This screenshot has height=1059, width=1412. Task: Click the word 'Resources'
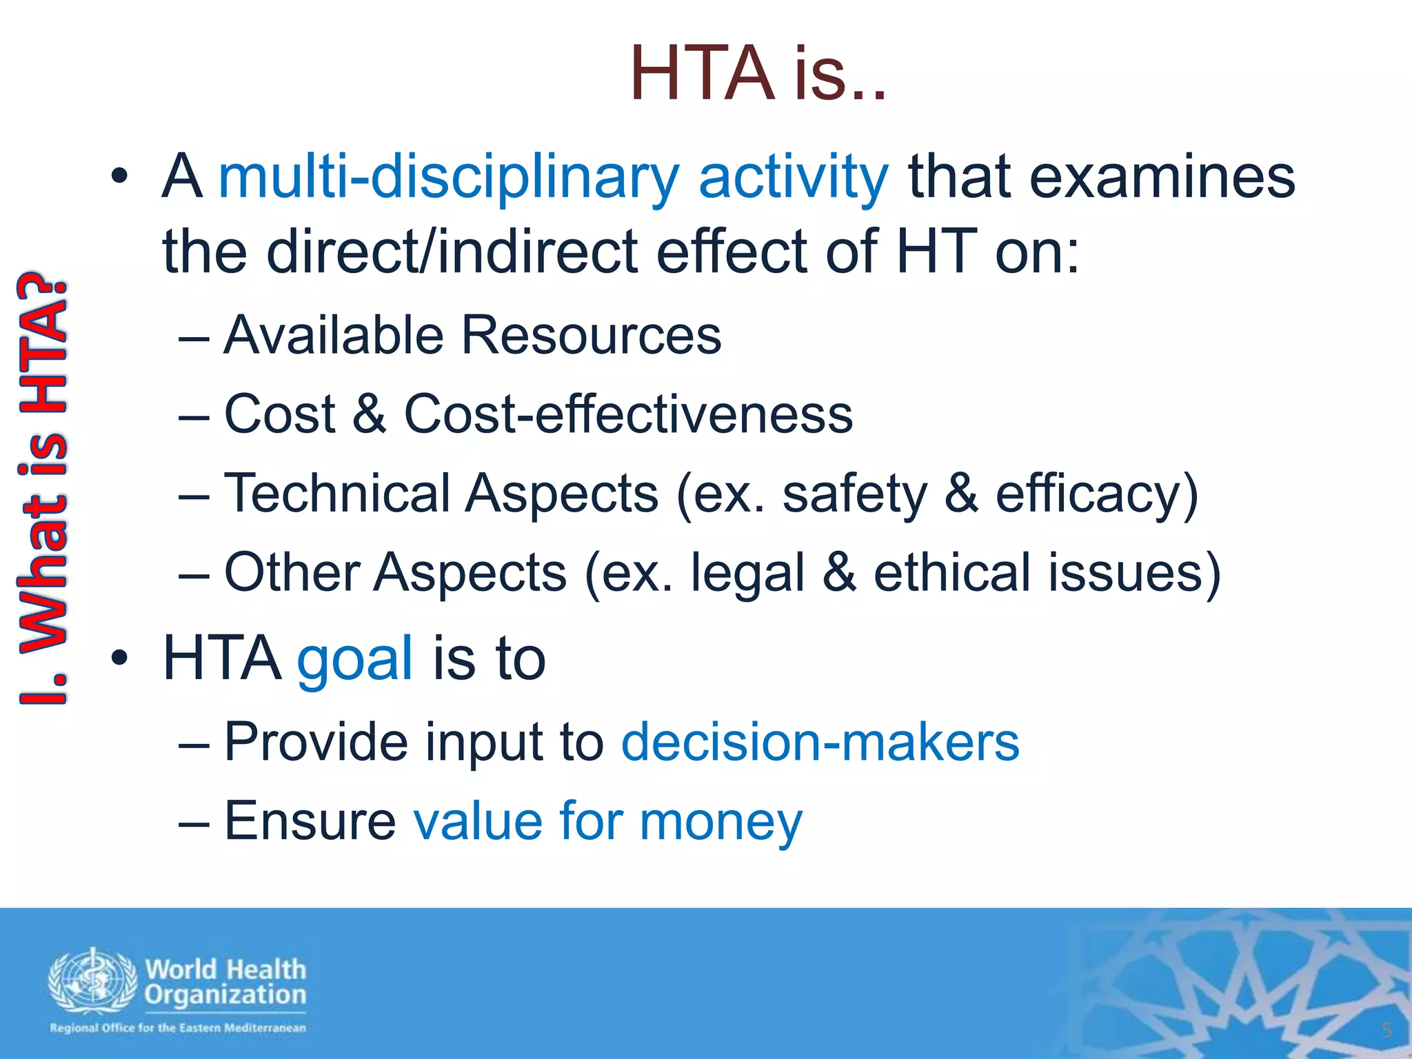(591, 336)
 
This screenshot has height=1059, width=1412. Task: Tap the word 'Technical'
(338, 494)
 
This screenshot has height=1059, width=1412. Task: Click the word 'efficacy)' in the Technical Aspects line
(1097, 495)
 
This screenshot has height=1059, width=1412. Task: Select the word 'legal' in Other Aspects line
(747, 574)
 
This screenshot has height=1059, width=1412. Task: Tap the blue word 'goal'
(355, 659)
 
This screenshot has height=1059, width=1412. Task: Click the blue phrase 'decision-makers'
(820, 742)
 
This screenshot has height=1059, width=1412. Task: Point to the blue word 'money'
(720, 822)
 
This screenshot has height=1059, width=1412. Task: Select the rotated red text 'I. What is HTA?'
(43, 490)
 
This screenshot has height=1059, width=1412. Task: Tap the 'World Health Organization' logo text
(225, 982)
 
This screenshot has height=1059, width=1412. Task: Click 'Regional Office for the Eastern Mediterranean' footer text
(177, 1028)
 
